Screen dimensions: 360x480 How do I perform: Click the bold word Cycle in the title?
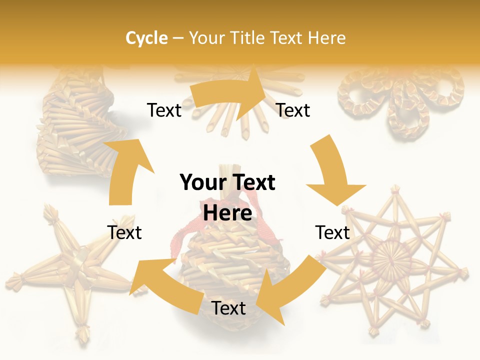[146, 38]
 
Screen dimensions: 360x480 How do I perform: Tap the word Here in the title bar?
[327, 38]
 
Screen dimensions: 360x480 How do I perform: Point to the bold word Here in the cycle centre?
[227, 213]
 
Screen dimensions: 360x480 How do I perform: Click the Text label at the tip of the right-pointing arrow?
[293, 110]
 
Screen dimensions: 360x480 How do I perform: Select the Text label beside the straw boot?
[164, 110]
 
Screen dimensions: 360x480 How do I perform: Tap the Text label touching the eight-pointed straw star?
[332, 232]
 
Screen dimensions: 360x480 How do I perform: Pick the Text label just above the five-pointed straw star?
[124, 232]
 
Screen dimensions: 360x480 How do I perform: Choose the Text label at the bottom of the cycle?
[228, 308]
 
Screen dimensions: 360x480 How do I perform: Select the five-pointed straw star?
[70, 270]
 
